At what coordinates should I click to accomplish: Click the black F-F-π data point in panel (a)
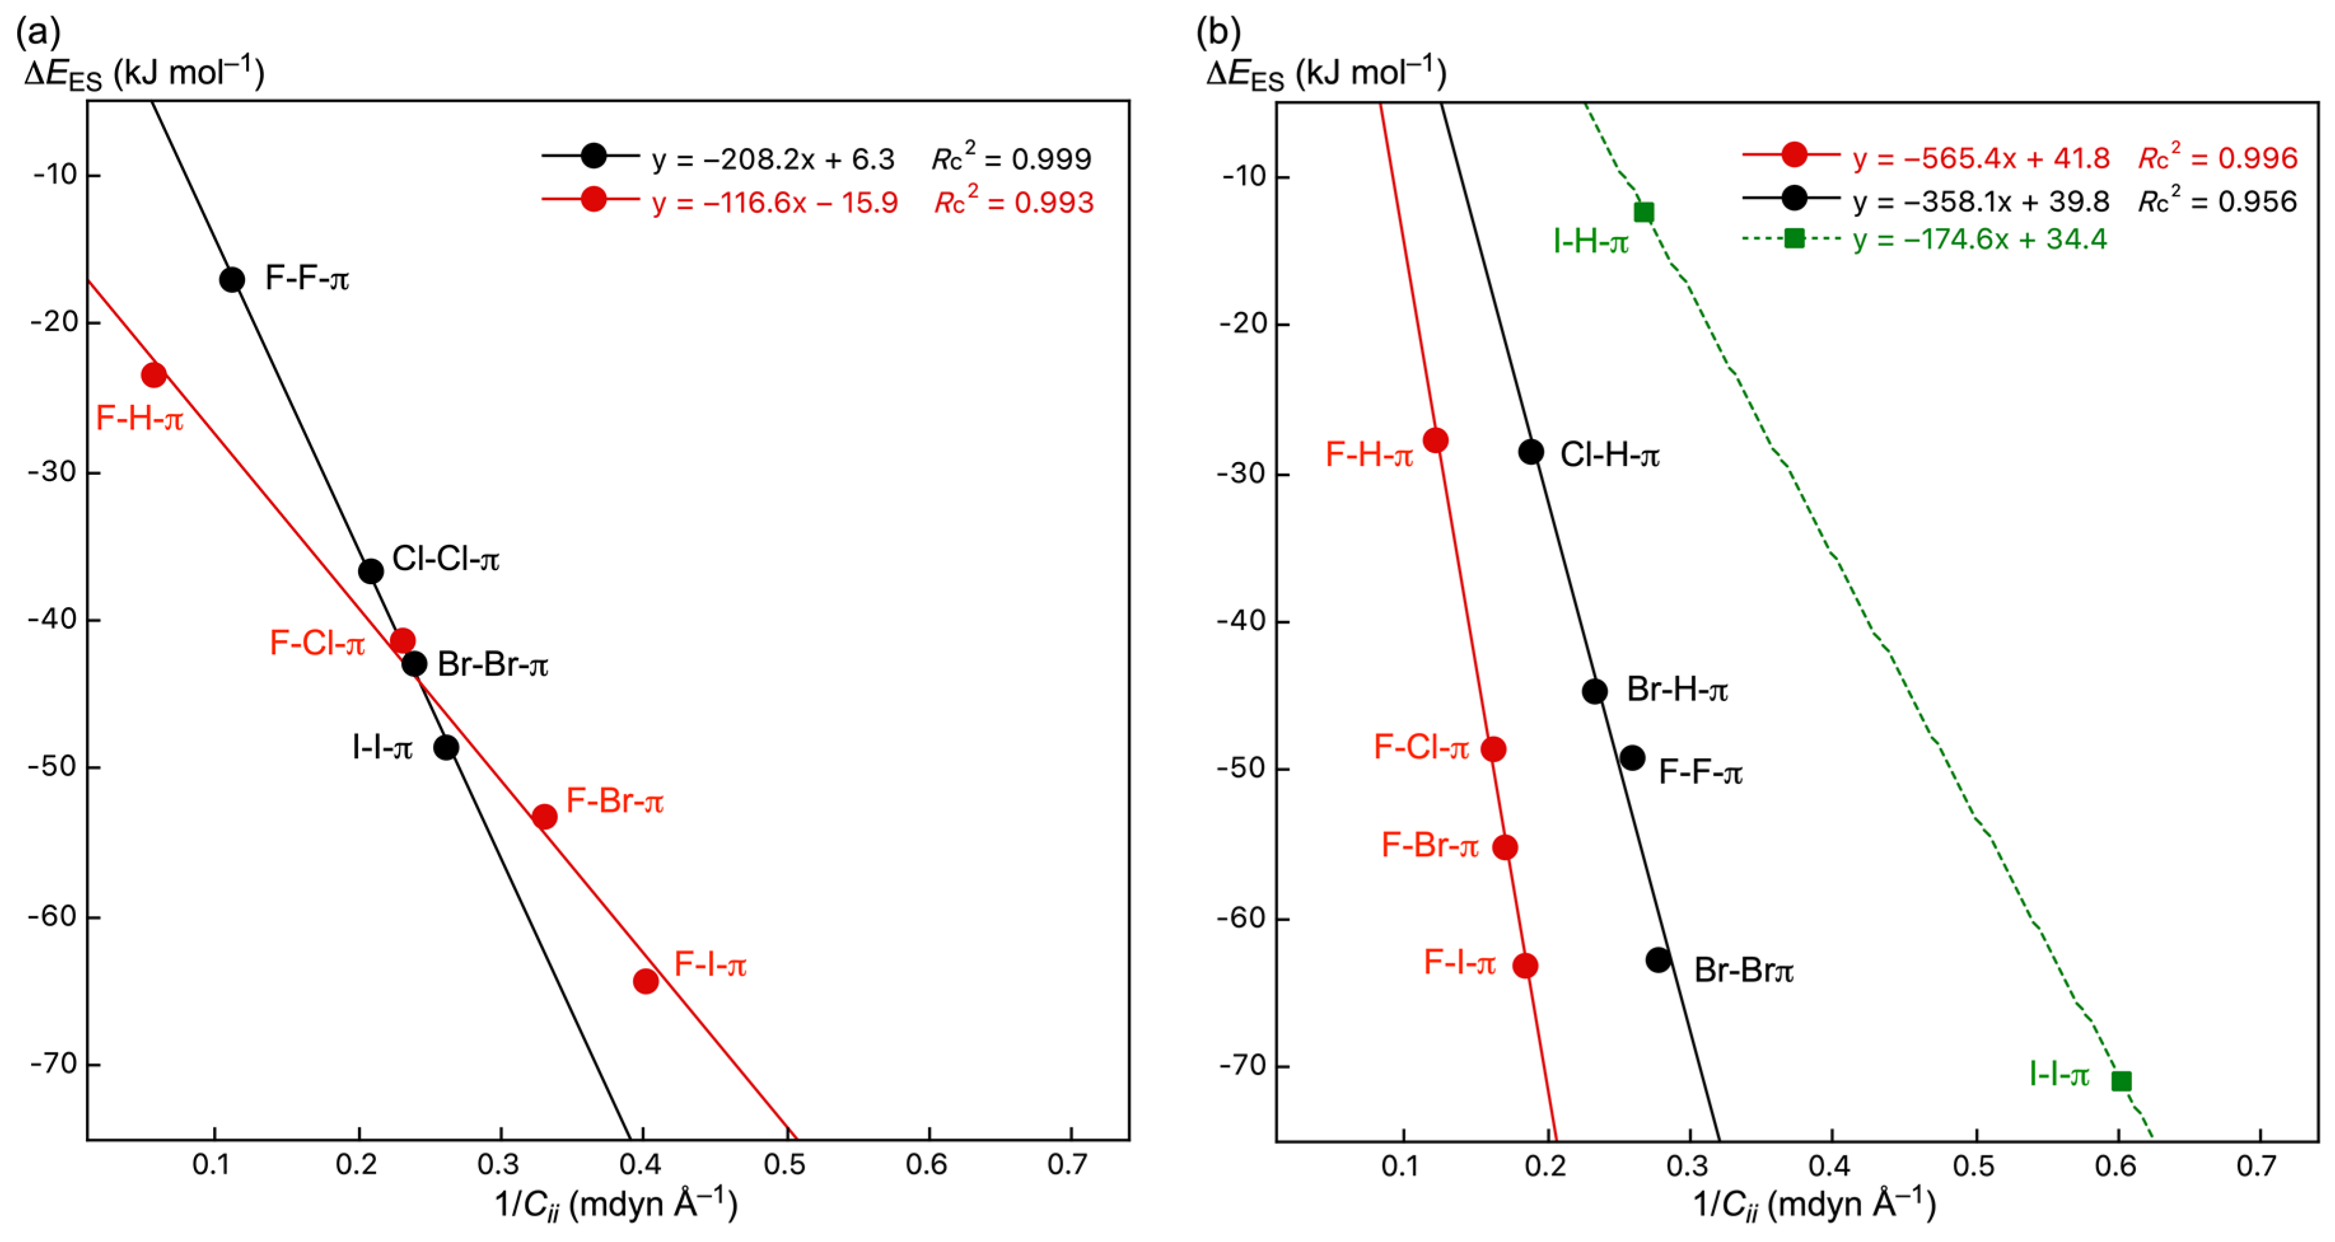coord(232,279)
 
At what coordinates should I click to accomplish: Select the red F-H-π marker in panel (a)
coord(154,374)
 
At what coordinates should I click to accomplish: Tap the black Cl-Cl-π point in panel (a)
coord(371,571)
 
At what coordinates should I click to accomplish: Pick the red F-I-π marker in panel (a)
coord(646,980)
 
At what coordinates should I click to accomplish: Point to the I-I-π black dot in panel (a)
coord(446,747)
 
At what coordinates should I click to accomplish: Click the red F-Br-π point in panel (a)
coord(544,816)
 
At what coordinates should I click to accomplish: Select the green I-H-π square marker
coord(1644,212)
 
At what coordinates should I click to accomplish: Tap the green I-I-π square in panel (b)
coord(2121,1081)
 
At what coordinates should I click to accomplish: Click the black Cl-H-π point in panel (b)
coord(1531,451)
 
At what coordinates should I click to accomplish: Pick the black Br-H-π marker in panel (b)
coord(1595,691)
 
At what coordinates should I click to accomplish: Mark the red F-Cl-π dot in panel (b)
coord(1493,749)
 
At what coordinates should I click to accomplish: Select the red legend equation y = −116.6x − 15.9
coord(774,202)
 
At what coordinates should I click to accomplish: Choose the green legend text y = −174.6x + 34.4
coord(1979,239)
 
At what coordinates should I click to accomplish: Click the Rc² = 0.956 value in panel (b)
coord(2217,200)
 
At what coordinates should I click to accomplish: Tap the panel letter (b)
coord(1217,32)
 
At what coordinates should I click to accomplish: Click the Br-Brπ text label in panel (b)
coord(1743,970)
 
